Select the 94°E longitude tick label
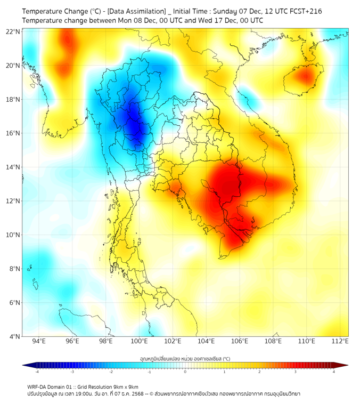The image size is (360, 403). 39,341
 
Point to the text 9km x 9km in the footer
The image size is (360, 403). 124,386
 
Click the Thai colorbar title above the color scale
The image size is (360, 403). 185,359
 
